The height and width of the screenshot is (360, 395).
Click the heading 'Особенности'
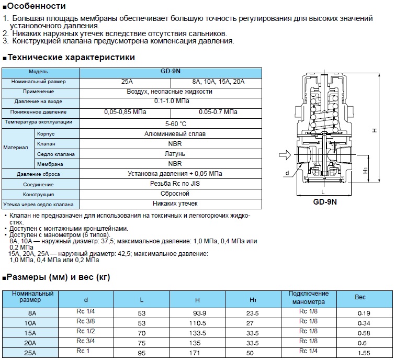coord(37,6)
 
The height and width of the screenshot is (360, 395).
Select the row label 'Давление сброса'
coord(38,174)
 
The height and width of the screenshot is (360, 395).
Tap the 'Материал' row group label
coord(18,148)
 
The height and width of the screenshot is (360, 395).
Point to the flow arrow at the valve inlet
coord(285,155)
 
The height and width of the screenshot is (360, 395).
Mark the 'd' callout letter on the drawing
coord(287,172)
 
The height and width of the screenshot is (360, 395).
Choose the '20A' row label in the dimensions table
coord(30,343)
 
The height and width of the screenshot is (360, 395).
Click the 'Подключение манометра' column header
coord(309,297)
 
